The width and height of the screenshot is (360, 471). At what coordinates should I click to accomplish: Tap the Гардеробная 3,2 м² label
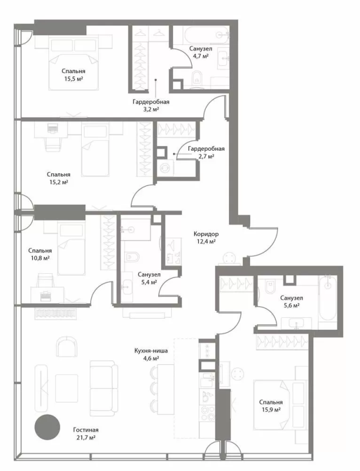tap(151, 105)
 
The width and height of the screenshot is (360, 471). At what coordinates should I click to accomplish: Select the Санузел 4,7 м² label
tap(201, 52)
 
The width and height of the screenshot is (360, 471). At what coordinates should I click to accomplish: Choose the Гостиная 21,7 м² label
tap(85, 434)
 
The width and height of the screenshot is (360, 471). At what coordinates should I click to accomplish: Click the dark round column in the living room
tap(47, 427)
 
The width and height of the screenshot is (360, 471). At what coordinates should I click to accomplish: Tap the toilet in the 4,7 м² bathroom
tap(197, 77)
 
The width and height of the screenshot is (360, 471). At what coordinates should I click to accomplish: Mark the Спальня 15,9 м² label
tap(271, 406)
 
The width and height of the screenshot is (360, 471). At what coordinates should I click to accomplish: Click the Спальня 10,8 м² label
tap(39, 254)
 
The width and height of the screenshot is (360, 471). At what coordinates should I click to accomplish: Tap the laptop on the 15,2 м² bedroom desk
tap(53, 128)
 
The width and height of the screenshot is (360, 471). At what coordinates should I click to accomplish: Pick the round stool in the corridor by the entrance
tap(230, 258)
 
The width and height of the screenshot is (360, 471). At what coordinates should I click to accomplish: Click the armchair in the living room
tap(66, 346)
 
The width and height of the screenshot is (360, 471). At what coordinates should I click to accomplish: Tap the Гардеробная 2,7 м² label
tap(206, 152)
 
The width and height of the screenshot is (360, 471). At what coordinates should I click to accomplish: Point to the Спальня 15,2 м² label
tap(58, 178)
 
